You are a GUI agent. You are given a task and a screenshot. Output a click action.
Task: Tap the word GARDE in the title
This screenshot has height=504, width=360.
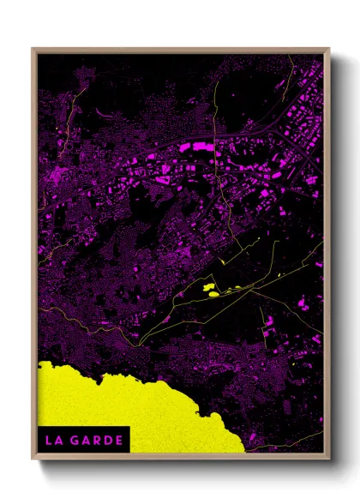pyautogui.click(x=97, y=441)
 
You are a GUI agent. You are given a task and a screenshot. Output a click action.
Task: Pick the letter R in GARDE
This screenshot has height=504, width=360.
pyautogui.click(x=97, y=441)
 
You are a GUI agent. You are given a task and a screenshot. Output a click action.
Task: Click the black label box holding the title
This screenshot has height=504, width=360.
pyautogui.click(x=83, y=441)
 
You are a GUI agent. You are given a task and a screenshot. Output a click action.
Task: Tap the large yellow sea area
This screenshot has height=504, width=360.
pyautogui.click(x=129, y=403)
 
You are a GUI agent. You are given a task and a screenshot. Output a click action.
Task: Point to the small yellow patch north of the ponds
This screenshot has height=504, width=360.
pyautogui.click(x=221, y=261)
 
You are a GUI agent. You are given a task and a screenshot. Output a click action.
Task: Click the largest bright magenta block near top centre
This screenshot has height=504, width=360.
pyautogui.click(x=199, y=147)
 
